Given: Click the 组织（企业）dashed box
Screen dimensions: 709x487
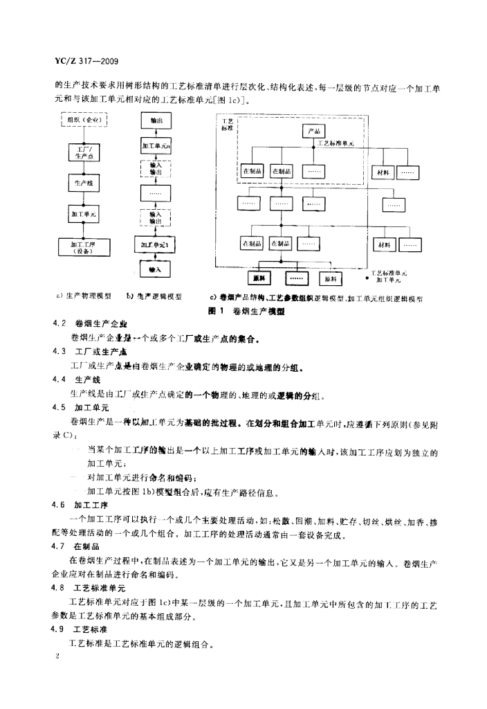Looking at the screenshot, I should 84,120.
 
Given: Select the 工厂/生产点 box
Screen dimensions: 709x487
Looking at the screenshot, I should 84,152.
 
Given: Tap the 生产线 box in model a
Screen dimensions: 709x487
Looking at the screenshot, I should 84,183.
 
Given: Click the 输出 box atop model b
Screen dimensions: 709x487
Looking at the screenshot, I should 156,120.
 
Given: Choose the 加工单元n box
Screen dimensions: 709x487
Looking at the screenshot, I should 156,146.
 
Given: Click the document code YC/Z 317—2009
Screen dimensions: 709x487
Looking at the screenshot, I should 81,61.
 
